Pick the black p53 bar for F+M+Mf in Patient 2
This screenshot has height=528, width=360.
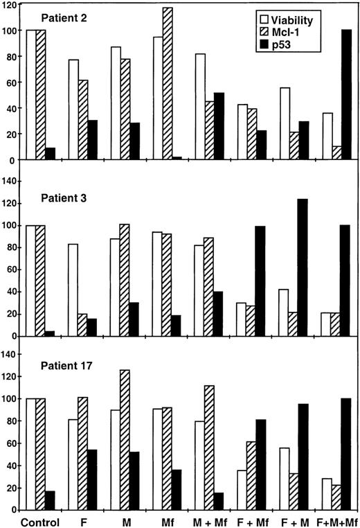tap(347, 95)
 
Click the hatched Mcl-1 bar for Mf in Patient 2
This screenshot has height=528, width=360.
tap(168, 84)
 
